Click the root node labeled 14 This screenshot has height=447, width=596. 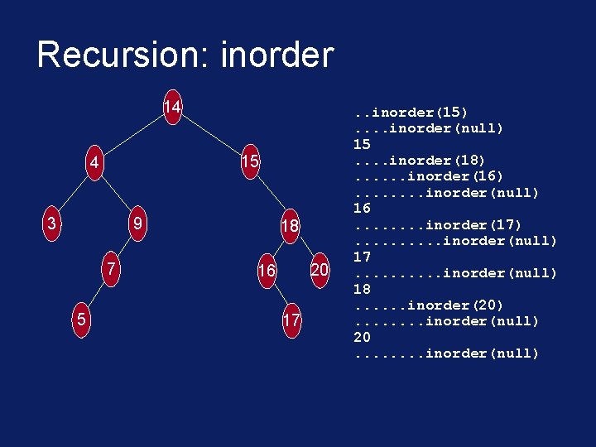coord(172,108)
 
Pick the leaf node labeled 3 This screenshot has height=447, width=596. coord(52,223)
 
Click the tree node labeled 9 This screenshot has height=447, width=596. coord(139,223)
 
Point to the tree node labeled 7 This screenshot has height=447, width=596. coord(109,270)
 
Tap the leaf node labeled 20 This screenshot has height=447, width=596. coord(320,270)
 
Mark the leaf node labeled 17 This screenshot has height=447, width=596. coord(291,320)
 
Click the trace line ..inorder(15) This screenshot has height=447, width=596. coord(411,112)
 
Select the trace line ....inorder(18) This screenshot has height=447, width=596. coord(419,160)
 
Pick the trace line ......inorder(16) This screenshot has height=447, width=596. coord(428,176)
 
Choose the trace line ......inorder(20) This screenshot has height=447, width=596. coord(428,305)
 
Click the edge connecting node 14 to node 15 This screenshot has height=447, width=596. coord(211,134)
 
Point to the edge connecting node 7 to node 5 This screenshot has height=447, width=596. coord(96,295)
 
